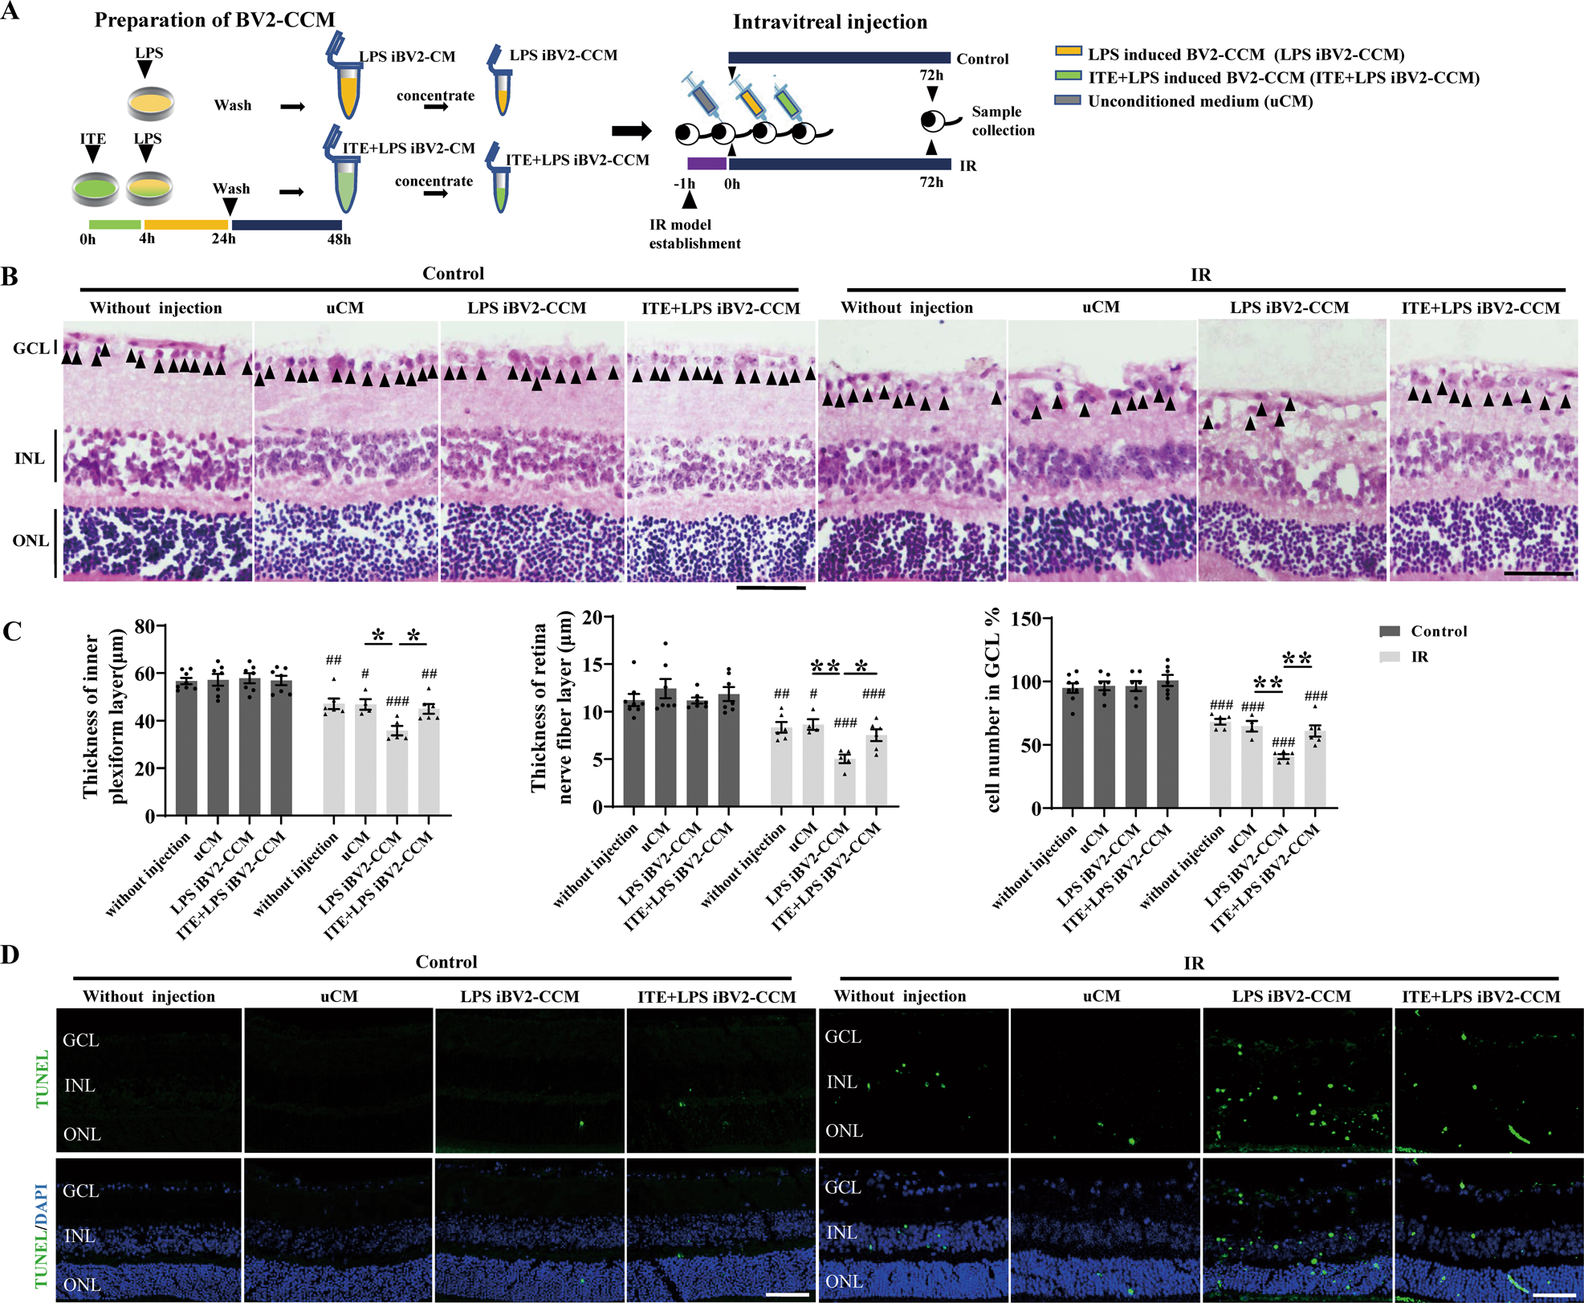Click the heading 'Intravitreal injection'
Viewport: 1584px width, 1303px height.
tap(829, 22)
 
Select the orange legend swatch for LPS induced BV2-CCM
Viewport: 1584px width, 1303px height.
tap(1068, 52)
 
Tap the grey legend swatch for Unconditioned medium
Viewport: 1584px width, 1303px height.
tap(1068, 100)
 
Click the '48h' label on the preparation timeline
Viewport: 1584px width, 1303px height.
tap(339, 239)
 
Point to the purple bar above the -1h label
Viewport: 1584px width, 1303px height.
tap(706, 164)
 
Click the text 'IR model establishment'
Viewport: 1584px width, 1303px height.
tap(694, 234)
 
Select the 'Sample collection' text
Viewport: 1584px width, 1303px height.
tap(1003, 120)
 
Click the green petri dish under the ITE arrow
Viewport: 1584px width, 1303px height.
tap(96, 189)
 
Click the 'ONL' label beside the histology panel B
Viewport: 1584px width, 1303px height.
tap(31, 541)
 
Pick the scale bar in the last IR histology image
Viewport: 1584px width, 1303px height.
tap(1538, 573)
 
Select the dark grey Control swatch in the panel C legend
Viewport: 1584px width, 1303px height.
tap(1389, 631)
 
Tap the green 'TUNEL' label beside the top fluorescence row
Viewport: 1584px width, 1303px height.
tap(42, 1078)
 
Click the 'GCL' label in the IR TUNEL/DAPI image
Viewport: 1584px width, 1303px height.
tap(843, 1187)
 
